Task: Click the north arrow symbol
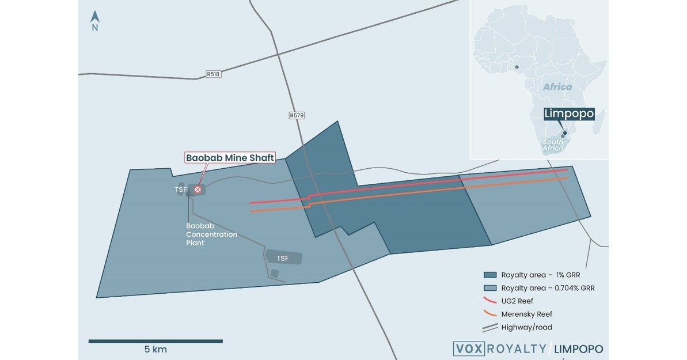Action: pos(95,17)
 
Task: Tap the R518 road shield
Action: pos(214,74)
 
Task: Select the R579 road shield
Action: pos(297,115)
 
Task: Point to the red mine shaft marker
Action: pos(198,189)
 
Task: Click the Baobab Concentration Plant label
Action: pos(203,234)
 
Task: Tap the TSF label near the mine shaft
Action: pos(181,189)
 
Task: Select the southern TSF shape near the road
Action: pos(284,257)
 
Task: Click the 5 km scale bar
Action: pos(155,341)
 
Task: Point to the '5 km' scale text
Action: pos(155,349)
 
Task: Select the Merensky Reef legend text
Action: pos(526,314)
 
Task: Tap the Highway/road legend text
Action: pos(526,327)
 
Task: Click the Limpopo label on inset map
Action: pos(569,114)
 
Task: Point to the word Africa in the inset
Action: pos(557,87)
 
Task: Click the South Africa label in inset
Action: pos(553,145)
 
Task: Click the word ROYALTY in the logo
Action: pos(514,349)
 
